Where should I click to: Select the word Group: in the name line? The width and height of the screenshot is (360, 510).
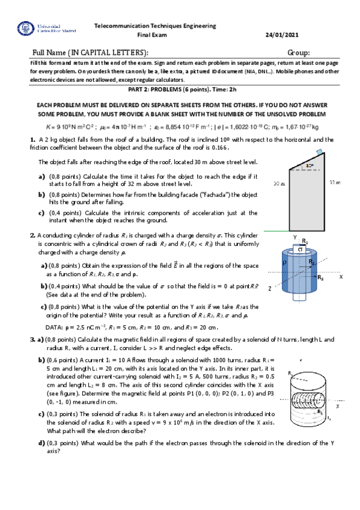299,53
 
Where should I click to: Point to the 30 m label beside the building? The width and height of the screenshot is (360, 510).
278,182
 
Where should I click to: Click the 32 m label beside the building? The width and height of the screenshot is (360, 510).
335,182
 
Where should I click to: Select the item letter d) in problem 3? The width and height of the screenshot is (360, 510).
41,443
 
